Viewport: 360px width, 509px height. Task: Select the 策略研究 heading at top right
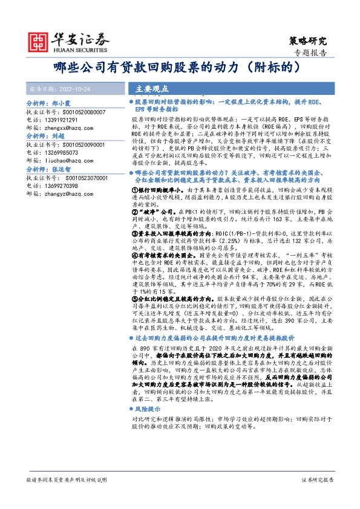[306, 41]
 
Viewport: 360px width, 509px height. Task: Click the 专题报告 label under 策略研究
[312, 53]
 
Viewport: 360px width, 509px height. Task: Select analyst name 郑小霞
[62, 104]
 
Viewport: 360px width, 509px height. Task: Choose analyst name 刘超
[58, 137]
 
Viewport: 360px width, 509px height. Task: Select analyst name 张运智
[62, 170]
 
